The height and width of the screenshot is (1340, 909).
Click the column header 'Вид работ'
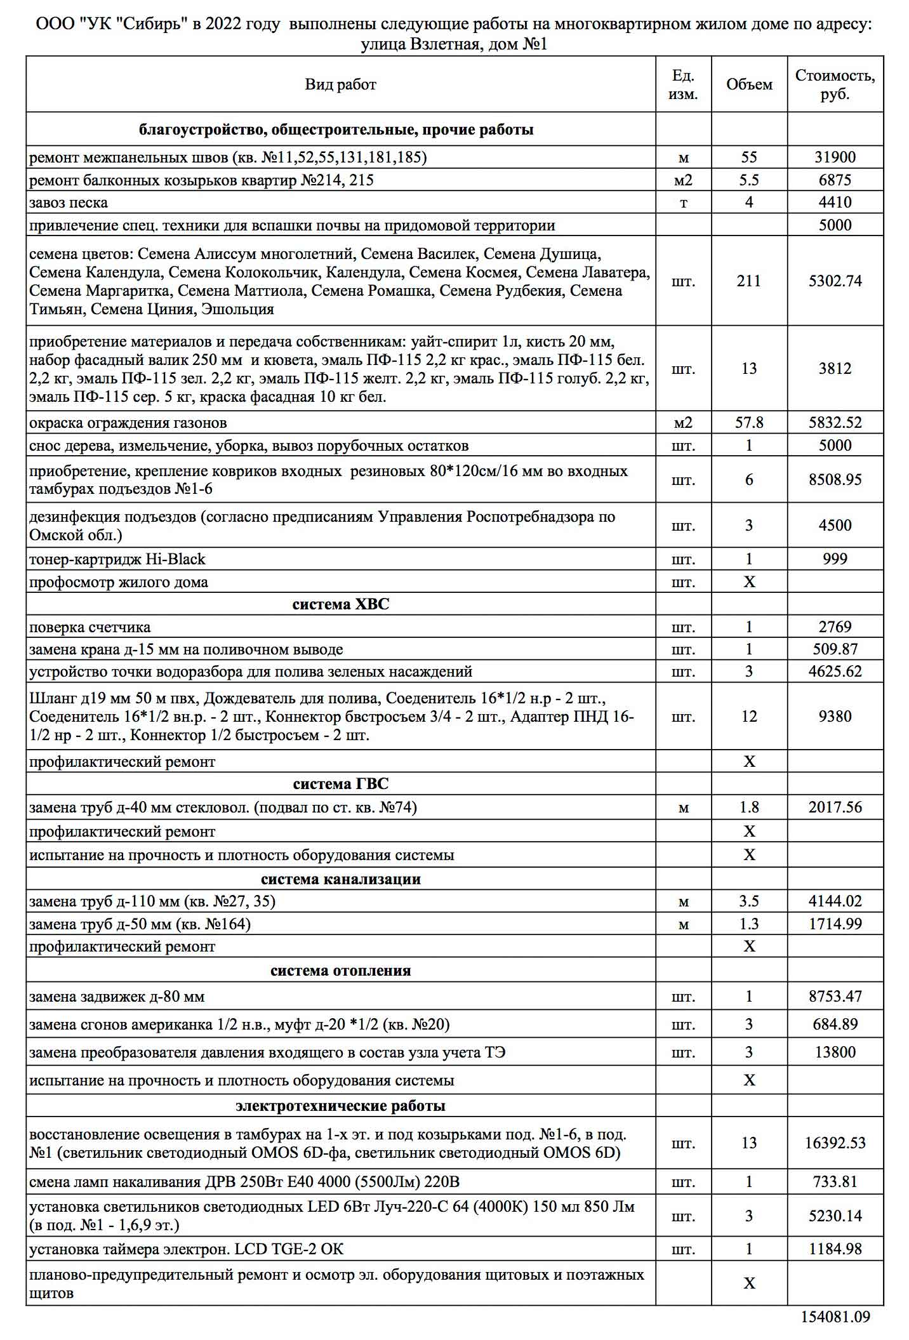pyautogui.click(x=340, y=85)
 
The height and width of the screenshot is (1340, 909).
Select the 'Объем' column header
pyautogui.click(x=749, y=85)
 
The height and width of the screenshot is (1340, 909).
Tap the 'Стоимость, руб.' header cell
pyautogui.click(x=835, y=85)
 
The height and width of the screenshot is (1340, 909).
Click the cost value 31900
pyautogui.click(x=835, y=157)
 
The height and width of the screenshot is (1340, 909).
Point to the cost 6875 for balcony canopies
pyautogui.click(x=835, y=180)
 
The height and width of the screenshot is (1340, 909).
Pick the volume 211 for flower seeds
pyautogui.click(x=749, y=281)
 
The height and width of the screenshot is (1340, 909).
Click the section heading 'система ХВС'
pyautogui.click(x=340, y=604)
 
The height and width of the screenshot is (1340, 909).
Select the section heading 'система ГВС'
pyautogui.click(x=340, y=785)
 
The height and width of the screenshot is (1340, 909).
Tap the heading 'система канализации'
pyautogui.click(x=340, y=879)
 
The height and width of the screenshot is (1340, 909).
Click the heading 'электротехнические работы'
pyautogui.click(x=340, y=1106)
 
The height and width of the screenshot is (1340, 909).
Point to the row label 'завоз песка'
pyautogui.click(x=69, y=203)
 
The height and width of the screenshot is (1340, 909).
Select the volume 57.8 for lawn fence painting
pyautogui.click(x=749, y=423)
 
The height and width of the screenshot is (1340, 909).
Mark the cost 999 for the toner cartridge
pyautogui.click(x=835, y=559)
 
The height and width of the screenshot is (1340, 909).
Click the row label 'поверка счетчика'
pyautogui.click(x=90, y=628)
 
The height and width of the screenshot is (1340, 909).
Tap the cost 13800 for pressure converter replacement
pyautogui.click(x=835, y=1052)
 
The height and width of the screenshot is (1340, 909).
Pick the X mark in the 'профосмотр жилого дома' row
pyautogui.click(x=749, y=582)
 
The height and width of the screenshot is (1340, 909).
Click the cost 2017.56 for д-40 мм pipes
pyautogui.click(x=835, y=807)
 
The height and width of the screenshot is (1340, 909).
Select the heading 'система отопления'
pyautogui.click(x=340, y=971)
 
